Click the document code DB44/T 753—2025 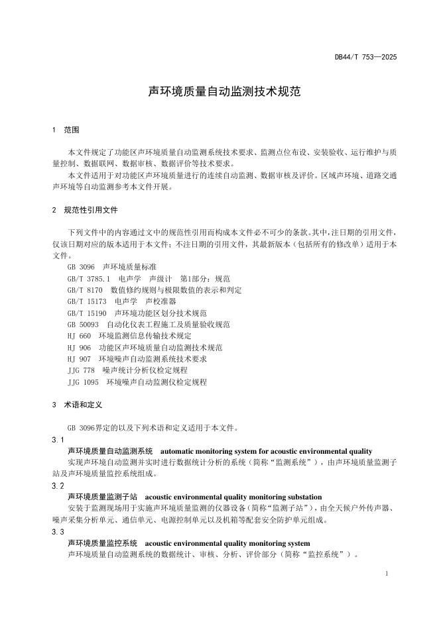[365, 58]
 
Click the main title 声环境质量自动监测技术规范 [224, 91]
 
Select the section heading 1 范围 [66, 129]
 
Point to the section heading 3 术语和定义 [78, 404]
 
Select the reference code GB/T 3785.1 [89, 279]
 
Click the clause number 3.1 [58, 440]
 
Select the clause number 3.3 [58, 532]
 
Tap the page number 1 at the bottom [387, 573]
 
